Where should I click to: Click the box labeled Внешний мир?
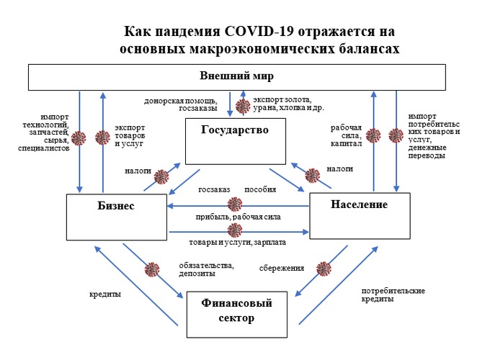click(237, 76)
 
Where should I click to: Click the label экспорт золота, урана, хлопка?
click(282, 105)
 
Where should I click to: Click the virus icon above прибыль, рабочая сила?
click(235, 204)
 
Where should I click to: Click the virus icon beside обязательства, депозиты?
click(151, 270)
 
